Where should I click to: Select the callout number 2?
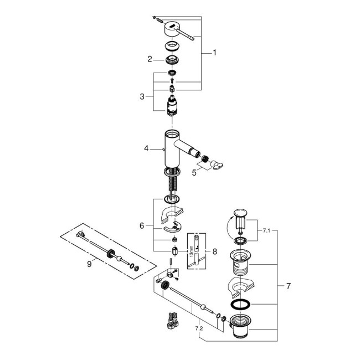150,59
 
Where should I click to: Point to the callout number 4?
146,148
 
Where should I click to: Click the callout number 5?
194,173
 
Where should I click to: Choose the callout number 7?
288,286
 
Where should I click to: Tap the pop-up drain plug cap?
239,213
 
